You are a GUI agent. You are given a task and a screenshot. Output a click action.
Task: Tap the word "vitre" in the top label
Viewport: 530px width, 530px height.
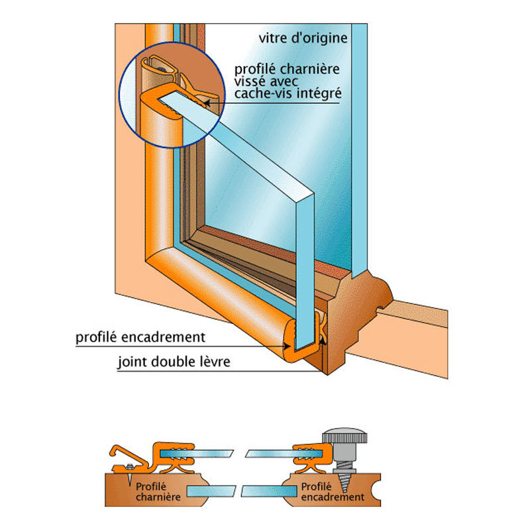pyautogui.click(x=274, y=37)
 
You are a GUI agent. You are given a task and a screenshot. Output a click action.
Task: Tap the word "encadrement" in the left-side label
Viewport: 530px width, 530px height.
pyautogui.click(x=166, y=337)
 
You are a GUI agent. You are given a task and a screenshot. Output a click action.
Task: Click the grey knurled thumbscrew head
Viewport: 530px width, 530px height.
pyautogui.click(x=344, y=438)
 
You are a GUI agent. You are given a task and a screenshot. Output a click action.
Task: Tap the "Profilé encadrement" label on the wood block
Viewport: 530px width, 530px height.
pyautogui.click(x=332, y=491)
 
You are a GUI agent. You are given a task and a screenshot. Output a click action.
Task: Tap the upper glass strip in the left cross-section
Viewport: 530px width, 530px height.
pyautogui.click(x=206, y=454)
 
